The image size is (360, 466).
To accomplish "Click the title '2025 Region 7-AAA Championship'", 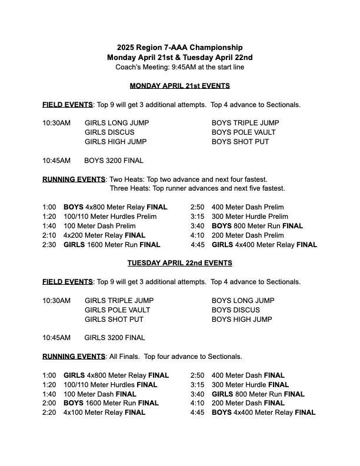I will [179, 48].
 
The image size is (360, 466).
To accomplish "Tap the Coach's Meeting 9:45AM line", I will [179, 67].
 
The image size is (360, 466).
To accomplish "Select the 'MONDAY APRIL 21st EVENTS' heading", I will [179, 86].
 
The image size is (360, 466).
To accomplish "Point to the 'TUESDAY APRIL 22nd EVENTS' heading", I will [179, 263].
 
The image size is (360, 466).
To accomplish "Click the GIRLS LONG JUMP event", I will [116, 123].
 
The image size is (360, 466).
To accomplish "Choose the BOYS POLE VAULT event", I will [244, 132].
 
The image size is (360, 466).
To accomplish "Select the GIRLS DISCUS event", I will [109, 132].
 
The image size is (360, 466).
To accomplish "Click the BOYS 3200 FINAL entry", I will [114, 160].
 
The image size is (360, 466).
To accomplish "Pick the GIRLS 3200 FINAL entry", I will [115, 338].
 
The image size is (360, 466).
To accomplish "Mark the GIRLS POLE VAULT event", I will [117, 310].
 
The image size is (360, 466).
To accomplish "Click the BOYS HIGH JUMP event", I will [242, 319].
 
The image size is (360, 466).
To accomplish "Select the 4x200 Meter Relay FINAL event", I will [104, 235].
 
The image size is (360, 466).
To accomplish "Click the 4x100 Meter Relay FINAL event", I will [104, 412].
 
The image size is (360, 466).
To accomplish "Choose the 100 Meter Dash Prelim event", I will [99, 226].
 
